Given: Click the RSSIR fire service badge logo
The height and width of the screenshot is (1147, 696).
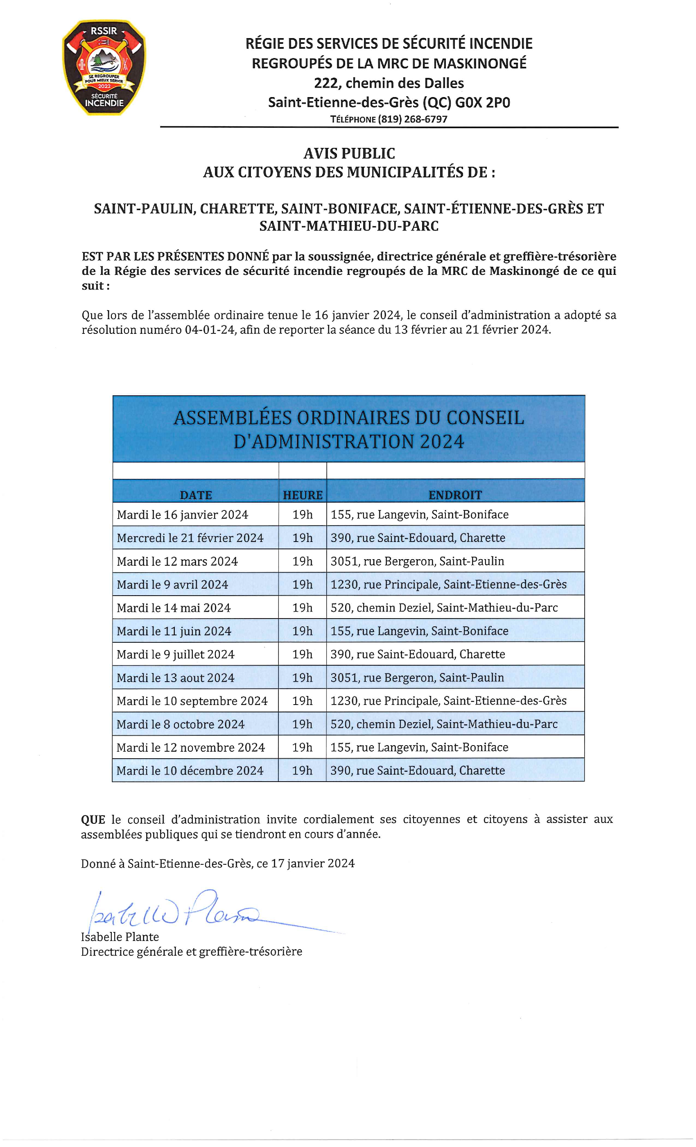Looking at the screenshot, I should [104, 68].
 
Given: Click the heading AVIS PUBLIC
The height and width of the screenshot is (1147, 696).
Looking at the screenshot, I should [349, 153].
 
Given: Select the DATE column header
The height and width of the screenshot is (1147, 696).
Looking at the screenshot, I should [196, 495].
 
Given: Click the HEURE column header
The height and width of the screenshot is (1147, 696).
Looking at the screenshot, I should [303, 495].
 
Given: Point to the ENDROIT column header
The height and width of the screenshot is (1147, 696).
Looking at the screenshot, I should [455, 495].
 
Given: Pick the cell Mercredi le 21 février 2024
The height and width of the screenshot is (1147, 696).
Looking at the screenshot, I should [190, 537].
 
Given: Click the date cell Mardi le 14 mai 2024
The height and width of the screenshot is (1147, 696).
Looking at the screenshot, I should [174, 608].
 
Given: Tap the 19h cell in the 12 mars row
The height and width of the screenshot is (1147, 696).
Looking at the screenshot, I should [303, 561].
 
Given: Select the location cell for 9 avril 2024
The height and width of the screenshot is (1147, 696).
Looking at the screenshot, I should [448, 584].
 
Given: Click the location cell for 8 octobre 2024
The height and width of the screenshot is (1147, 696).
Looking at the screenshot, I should [444, 724].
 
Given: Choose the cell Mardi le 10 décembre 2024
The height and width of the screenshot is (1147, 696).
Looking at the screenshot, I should [190, 771].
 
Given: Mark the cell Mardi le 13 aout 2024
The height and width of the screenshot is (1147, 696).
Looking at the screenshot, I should [175, 677].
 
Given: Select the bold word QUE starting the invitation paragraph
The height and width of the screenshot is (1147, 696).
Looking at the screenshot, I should [93, 819].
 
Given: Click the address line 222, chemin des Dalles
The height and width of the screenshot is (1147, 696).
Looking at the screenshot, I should [389, 83].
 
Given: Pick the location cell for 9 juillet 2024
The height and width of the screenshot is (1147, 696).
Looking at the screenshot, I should [417, 654].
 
